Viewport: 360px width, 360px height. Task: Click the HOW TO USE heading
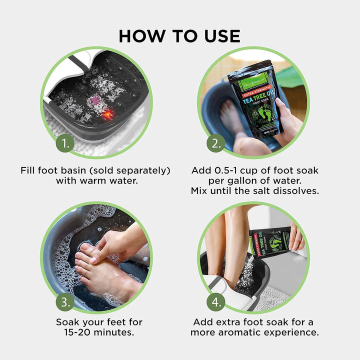pyautogui.click(x=179, y=36)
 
